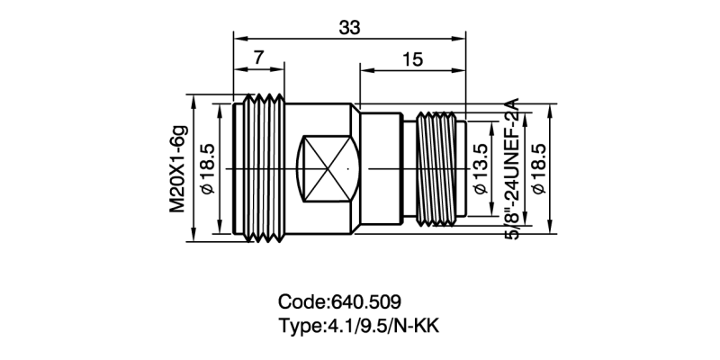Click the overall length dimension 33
pyautogui.click(x=350, y=27)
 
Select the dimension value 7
pyautogui.click(x=258, y=57)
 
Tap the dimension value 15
pyautogui.click(x=413, y=59)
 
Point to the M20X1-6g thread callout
pyautogui.click(x=179, y=169)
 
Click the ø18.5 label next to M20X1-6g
pyautogui.click(x=206, y=169)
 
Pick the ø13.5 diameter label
pyautogui.click(x=481, y=169)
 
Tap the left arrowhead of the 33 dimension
pyautogui.click(x=238, y=37)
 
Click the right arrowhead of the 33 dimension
pyautogui.click(x=462, y=37)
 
